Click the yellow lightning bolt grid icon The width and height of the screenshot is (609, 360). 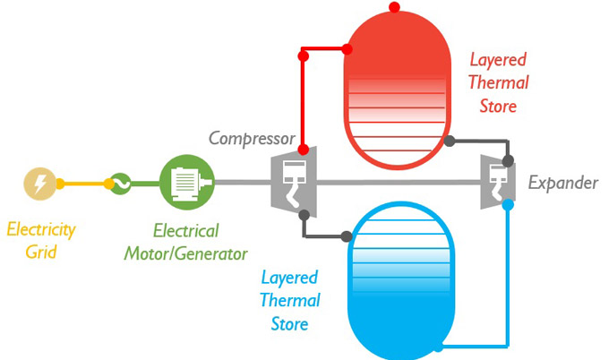39,184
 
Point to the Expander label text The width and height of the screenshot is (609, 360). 562,184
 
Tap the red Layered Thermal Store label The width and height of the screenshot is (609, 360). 498,83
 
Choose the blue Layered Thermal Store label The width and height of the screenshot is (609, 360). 289,299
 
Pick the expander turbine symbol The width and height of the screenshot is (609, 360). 495,183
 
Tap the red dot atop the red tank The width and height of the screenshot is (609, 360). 395,7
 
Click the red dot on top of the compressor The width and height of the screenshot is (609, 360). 304,149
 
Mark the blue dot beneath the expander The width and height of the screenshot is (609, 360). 508,204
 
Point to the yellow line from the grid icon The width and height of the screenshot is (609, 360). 84,184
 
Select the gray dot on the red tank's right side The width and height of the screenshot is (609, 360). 450,141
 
